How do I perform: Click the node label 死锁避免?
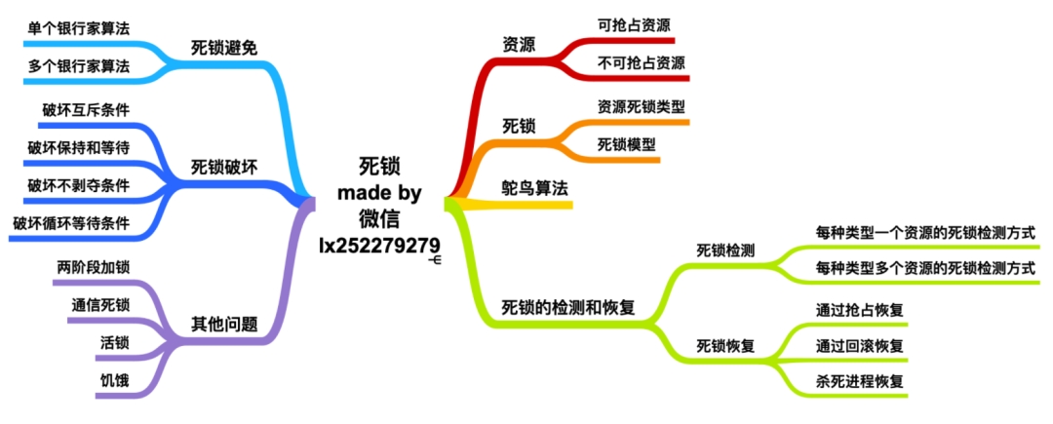click(224, 49)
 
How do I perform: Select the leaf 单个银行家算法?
click(79, 28)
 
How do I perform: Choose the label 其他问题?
click(224, 326)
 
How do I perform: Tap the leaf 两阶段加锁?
click(94, 267)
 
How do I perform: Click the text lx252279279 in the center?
click(380, 246)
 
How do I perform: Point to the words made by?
click(379, 193)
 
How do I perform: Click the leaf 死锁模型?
click(627, 144)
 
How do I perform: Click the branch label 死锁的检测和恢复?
click(568, 308)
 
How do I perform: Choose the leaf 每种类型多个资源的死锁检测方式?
click(924, 268)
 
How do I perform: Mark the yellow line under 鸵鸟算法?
click(510, 204)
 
